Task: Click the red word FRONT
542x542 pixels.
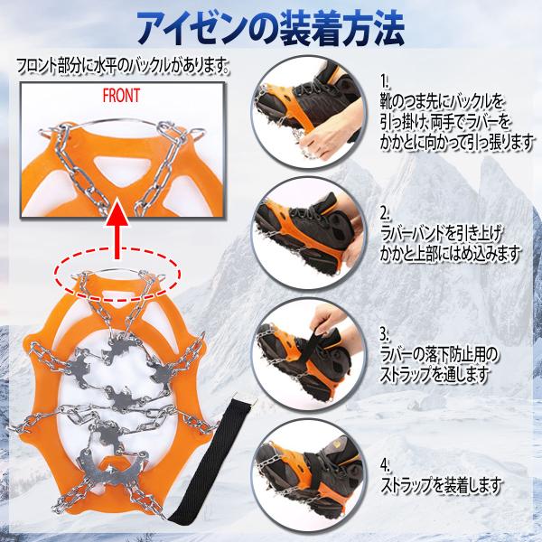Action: pos(121,96)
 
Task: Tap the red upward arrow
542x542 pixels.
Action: pos(117,229)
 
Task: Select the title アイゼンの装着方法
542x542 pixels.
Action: pos(271,28)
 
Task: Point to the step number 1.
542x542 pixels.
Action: pos(385,82)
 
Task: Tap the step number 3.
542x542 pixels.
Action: pos(385,334)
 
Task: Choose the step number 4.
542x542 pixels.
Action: pos(385,465)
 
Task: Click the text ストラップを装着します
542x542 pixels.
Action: pos(441,485)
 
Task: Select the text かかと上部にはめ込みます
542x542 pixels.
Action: pos(450,253)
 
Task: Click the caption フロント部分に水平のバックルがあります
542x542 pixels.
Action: pos(124,65)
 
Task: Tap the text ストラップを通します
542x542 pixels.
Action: pos(435,374)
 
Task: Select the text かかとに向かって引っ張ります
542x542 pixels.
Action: pos(456,141)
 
